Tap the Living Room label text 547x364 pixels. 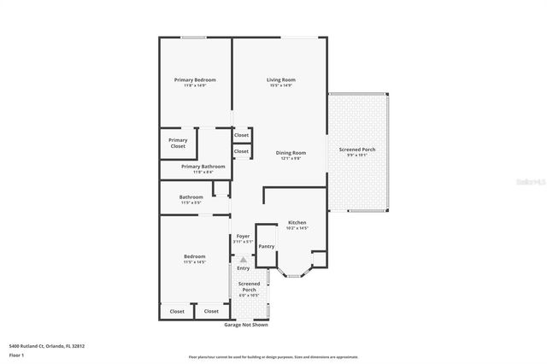280,79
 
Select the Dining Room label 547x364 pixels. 291,152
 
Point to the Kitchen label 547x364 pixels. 297,222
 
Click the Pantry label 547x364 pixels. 266,246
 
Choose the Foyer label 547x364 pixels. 244,235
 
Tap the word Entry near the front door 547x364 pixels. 244,268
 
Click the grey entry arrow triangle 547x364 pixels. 244,259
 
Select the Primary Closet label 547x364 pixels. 178,143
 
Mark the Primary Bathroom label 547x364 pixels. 203,166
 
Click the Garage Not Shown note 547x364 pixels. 246,325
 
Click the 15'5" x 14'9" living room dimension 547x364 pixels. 280,85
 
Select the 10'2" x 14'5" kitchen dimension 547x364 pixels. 297,228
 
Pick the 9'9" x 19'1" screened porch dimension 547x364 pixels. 357,156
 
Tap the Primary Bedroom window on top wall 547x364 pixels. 193,37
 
